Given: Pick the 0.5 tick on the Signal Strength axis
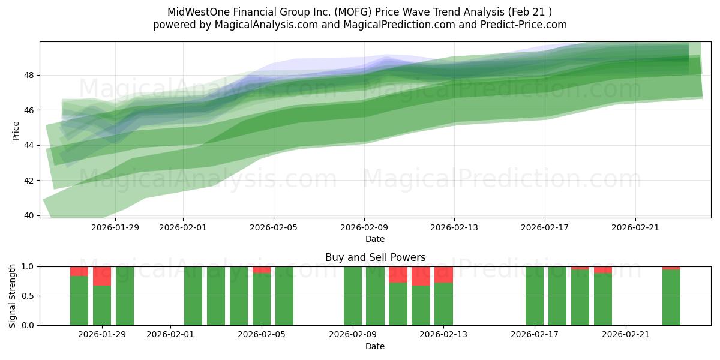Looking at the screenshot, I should pyautogui.click(x=28, y=296).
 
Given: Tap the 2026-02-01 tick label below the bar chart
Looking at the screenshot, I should pyautogui.click(x=171, y=335).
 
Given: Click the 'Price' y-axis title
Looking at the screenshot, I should pyautogui.click(x=16, y=130).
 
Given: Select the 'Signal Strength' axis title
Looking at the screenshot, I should pyautogui.click(x=13, y=296).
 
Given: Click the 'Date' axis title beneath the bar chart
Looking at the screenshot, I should pyautogui.click(x=375, y=346).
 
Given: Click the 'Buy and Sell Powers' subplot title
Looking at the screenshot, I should pyautogui.click(x=375, y=257).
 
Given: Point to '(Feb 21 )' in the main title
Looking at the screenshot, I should pyautogui.click(x=529, y=12).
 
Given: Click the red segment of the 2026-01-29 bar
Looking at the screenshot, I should pyautogui.click(x=102, y=276).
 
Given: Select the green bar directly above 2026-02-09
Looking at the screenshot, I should pyautogui.click(x=353, y=296).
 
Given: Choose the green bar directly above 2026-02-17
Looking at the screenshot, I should pyautogui.click(x=535, y=296).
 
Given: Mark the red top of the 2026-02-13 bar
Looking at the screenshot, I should pyautogui.click(x=443, y=274).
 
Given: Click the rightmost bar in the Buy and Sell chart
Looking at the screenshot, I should pyautogui.click(x=671, y=297).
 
